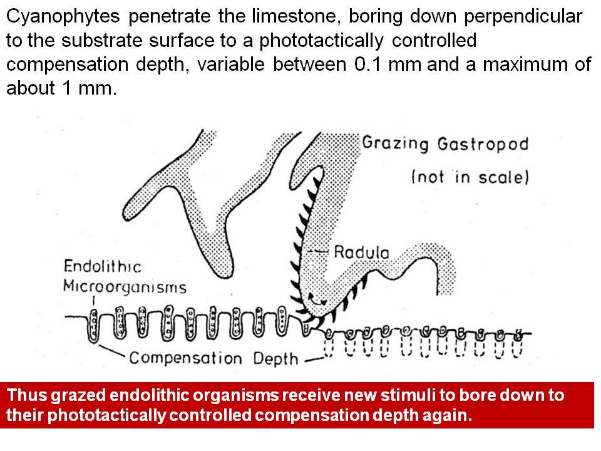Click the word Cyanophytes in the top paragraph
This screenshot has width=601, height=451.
tap(63, 17)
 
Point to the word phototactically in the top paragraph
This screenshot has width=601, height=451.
tap(321, 41)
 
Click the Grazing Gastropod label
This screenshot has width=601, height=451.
tap(445, 144)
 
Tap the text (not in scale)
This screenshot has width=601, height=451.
tap(470, 177)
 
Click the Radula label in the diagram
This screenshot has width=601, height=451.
tap(361, 252)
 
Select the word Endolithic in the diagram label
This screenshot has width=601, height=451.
tap(102, 266)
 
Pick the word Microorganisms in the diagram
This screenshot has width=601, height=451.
tap(125, 286)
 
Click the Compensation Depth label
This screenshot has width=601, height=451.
tap(213, 358)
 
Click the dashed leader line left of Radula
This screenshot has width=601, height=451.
tap(319, 252)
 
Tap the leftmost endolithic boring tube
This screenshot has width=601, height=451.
tap(93, 326)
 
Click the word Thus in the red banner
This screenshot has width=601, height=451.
tap(27, 395)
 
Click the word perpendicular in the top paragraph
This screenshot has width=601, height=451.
tap(523, 17)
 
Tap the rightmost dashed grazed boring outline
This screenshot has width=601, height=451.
tap(518, 347)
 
